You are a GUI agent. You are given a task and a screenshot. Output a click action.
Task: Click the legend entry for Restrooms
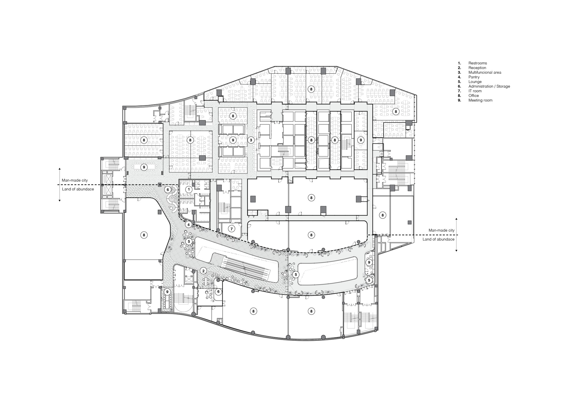tap(478, 63)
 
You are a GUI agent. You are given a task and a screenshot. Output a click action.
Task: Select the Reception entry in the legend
tap(477, 68)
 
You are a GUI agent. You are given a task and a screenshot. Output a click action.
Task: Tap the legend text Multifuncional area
tap(484, 72)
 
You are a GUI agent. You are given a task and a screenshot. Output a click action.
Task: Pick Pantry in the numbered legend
tap(474, 77)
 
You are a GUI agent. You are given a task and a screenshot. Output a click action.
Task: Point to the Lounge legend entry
tap(475, 82)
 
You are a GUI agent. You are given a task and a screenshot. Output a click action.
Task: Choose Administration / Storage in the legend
tap(489, 86)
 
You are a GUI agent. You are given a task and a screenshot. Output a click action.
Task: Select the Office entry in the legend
tap(473, 96)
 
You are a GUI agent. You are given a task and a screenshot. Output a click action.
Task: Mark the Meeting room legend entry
tap(480, 100)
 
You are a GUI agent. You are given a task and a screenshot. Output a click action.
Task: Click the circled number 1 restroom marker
tap(189, 189)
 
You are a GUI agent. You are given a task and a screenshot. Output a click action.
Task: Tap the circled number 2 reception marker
tap(203, 271)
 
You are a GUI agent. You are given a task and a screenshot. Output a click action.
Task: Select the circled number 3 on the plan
tap(251, 140)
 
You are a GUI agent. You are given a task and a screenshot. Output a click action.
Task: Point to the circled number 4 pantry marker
tap(188, 225)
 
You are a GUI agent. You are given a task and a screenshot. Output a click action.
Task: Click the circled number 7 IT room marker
tap(232, 229)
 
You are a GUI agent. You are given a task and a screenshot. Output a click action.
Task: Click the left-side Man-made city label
tap(75, 180)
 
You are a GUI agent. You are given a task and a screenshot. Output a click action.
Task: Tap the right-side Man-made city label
tap(442, 230)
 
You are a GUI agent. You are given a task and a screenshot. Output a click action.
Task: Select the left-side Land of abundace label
tap(78, 189)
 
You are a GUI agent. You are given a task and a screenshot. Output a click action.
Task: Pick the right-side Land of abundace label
tap(439, 239)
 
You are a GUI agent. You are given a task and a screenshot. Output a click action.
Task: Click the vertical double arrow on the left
tap(60, 185)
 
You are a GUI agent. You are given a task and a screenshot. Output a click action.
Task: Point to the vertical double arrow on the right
tap(456, 235)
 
